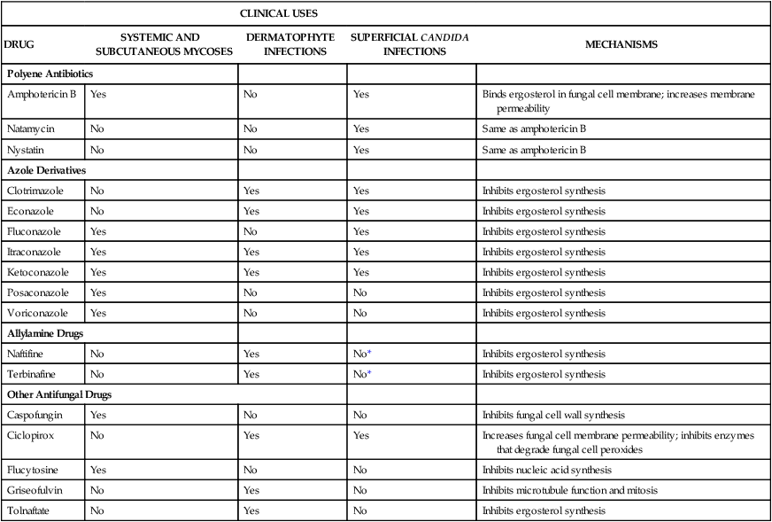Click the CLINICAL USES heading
(x=279, y=13)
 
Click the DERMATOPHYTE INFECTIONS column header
(x=290, y=44)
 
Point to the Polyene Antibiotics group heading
(x=50, y=74)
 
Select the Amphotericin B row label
(x=42, y=93)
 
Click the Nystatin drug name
(x=27, y=150)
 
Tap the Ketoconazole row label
(x=38, y=272)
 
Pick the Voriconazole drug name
(x=37, y=313)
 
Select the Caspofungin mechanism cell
(x=553, y=414)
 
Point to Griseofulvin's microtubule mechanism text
(x=571, y=490)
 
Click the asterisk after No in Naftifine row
(x=369, y=353)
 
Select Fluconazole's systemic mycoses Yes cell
(x=97, y=231)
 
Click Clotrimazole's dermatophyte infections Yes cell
(x=251, y=190)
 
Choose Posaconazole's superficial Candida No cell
(x=359, y=292)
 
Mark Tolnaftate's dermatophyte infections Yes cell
(x=251, y=510)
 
